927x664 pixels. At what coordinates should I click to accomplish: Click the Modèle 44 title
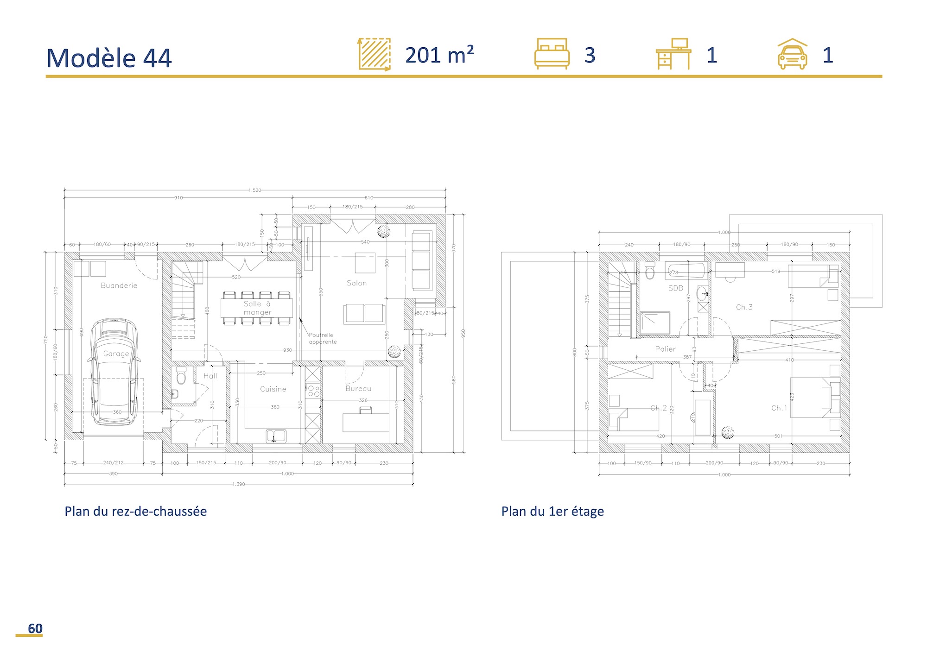tap(109, 58)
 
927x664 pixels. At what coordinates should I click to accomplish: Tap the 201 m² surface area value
tap(439, 55)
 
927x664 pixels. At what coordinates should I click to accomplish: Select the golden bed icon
tap(552, 54)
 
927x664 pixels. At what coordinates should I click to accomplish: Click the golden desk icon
tap(673, 54)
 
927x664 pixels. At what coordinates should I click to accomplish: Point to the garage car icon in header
tap(792, 54)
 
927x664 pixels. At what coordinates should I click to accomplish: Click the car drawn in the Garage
tap(114, 371)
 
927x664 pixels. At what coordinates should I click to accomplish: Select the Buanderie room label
tap(119, 285)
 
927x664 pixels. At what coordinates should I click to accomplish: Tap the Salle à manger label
tap(257, 308)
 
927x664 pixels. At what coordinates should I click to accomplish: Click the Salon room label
tap(356, 283)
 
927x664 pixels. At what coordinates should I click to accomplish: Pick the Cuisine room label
tap(273, 389)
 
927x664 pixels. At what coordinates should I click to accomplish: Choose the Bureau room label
tap(358, 389)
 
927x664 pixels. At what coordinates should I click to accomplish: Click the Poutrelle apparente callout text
tap(323, 338)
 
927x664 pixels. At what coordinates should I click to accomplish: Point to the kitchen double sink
tap(276, 436)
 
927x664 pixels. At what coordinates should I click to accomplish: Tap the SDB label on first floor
tap(675, 288)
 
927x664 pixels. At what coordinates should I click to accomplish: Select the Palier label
tap(665, 349)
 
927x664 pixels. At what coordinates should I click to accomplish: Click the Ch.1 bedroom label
tap(779, 408)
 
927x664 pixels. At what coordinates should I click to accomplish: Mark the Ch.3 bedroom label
tap(744, 307)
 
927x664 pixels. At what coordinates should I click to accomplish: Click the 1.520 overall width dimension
tap(254, 190)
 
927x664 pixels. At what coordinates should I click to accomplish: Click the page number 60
tap(35, 628)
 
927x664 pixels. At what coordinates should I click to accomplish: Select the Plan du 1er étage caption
tap(552, 511)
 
